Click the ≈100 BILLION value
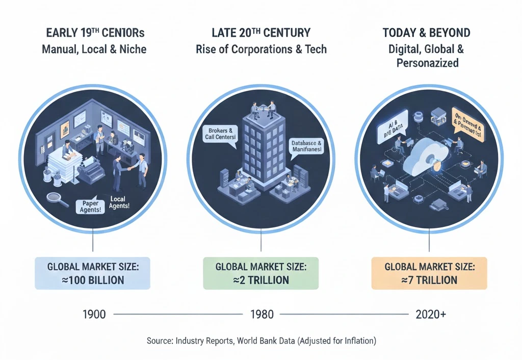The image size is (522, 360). (92, 280)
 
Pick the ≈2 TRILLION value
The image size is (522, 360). (260, 280)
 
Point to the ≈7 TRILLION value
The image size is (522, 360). (429, 280)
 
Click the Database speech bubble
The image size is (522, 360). (306, 148)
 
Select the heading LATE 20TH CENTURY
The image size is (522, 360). (261, 34)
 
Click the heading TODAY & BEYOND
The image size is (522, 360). (426, 34)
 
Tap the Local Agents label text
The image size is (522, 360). (120, 202)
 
